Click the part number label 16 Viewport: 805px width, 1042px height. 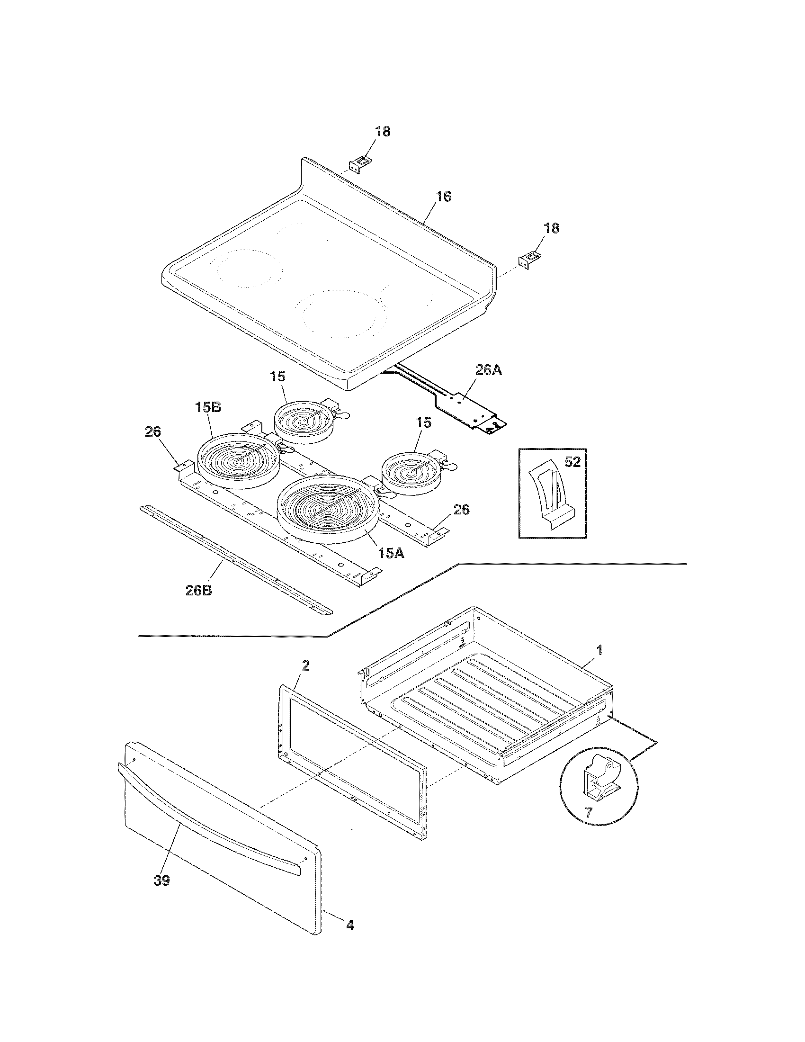(444, 197)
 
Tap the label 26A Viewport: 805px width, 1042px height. (488, 370)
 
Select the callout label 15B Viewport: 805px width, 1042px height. (207, 407)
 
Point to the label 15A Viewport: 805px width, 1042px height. (392, 553)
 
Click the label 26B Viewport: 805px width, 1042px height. (199, 590)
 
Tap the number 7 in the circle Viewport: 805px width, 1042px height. (588, 812)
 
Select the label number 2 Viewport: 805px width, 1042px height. (306, 665)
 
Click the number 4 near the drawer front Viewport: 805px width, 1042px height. (349, 925)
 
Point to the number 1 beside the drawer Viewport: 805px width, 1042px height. (600, 650)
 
